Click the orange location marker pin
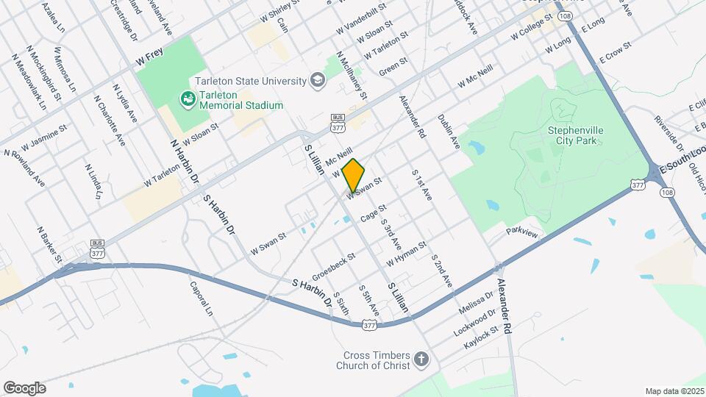coord(354,175)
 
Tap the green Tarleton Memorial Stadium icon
coord(186,99)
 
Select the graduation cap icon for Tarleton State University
coord(318,80)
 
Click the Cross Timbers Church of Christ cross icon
coord(421,360)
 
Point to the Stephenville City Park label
coord(571,135)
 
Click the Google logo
coord(24,387)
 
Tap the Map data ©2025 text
coord(674,390)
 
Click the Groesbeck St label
coord(333,267)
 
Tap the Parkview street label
coord(523,233)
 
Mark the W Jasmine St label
coord(45,133)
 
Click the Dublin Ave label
coord(448,131)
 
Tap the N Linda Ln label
coord(92,182)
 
